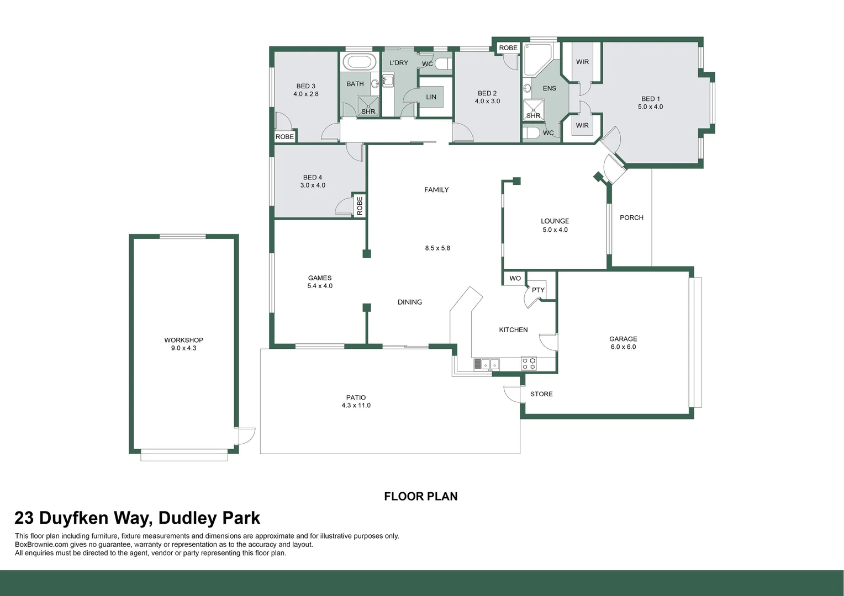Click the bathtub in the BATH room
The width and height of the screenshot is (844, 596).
[360, 62]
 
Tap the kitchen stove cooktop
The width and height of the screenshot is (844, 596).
[529, 363]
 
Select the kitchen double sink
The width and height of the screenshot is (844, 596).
[487, 364]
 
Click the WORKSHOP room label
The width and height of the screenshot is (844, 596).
[183, 340]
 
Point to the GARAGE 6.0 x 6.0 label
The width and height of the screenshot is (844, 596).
[623, 343]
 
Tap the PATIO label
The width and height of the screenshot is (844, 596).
[356, 397]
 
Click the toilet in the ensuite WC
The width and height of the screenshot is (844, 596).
[532, 133]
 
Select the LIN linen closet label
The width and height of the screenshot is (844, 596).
[431, 97]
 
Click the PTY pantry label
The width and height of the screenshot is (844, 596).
[538, 290]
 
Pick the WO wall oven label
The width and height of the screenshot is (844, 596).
[515, 278]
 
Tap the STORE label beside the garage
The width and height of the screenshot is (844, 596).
[541, 394]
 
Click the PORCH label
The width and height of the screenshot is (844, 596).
[631, 217]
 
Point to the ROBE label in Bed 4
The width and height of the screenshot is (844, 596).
[360, 206]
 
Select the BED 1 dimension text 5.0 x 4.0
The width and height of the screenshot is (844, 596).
[650, 107]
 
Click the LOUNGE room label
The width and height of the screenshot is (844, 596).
[555, 221]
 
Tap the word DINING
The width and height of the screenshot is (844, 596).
[409, 302]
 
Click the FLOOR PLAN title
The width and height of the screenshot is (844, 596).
[420, 496]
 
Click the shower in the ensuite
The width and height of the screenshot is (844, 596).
[534, 110]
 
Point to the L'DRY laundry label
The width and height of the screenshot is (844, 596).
[398, 63]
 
